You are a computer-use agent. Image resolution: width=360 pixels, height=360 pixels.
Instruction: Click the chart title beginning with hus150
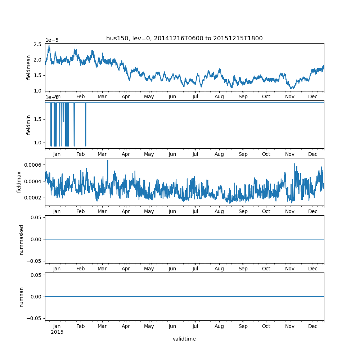[x=184, y=39]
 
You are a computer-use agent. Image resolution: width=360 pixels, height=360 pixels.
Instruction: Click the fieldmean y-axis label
[x=29, y=67]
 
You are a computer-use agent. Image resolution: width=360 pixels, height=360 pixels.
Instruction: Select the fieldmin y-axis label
[x=29, y=125]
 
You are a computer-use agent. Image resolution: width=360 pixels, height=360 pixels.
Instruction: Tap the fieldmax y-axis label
[x=19, y=182]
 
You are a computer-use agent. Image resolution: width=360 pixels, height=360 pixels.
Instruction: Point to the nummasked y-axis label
[x=22, y=240]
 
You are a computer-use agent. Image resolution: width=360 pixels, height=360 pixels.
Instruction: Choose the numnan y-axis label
[x=22, y=297]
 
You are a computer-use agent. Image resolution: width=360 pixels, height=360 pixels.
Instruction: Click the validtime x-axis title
[x=184, y=339]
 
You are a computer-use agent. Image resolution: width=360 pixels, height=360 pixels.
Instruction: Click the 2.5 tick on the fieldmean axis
[x=37, y=44]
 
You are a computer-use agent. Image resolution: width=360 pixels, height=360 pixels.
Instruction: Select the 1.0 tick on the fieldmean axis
[x=37, y=90]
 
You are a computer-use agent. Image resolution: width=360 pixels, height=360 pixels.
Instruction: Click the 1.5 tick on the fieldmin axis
[x=37, y=119]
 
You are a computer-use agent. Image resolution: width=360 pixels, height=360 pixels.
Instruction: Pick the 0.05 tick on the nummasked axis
[x=36, y=217]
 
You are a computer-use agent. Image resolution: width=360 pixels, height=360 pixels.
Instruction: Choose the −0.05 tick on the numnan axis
[x=34, y=318]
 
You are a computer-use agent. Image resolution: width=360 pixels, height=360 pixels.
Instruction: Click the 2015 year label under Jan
[x=57, y=332]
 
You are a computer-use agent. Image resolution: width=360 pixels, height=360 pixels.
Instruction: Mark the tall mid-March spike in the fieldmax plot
[x=108, y=161]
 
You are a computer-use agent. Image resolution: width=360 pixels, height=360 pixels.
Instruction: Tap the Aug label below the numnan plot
[x=219, y=326]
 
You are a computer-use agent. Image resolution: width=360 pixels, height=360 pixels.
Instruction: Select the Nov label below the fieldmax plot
[x=290, y=212]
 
